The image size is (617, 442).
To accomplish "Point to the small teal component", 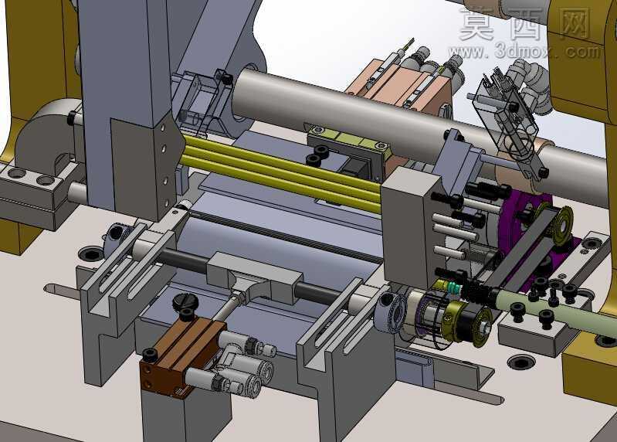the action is [x=453, y=289].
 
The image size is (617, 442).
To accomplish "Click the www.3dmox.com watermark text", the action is [x=525, y=51].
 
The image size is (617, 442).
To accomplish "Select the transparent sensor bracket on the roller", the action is [x=506, y=114].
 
